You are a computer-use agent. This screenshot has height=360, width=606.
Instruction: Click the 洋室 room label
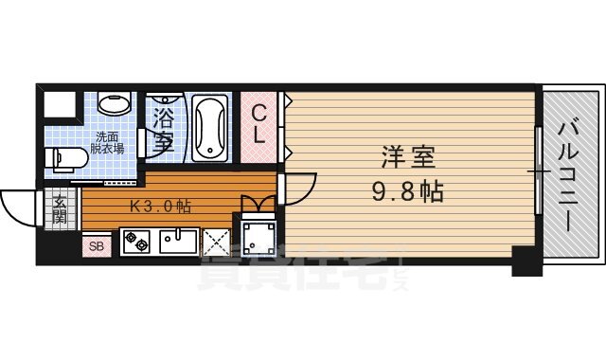pyautogui.click(x=410, y=155)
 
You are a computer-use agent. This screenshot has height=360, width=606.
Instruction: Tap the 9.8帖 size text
pyautogui.click(x=407, y=190)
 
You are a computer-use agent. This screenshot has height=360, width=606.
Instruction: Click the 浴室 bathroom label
pyautogui.click(x=163, y=128)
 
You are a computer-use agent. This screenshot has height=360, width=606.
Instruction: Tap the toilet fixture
pyautogui.click(x=63, y=158)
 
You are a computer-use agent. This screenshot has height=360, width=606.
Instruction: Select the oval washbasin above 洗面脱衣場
pyautogui.click(x=114, y=104)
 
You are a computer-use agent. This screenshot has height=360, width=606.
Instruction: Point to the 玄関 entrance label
pyautogui.click(x=59, y=207)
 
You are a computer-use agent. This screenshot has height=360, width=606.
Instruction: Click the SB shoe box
pyautogui.click(x=95, y=246)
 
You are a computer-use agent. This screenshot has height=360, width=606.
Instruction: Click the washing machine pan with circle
pyautogui.click(x=257, y=236)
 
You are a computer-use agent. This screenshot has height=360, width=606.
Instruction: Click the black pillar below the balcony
pyautogui.click(x=526, y=261)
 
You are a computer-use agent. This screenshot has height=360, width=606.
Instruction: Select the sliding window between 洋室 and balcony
pyautogui.click(x=538, y=171)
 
